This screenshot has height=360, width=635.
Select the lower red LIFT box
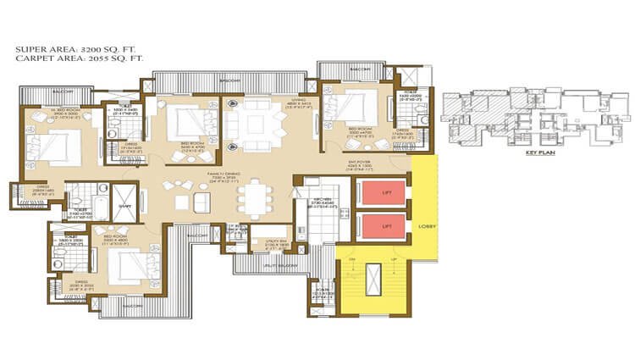tap(379, 227)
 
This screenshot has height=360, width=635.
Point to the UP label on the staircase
tap(392, 258)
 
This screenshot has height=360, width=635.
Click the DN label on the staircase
tap(351, 258)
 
